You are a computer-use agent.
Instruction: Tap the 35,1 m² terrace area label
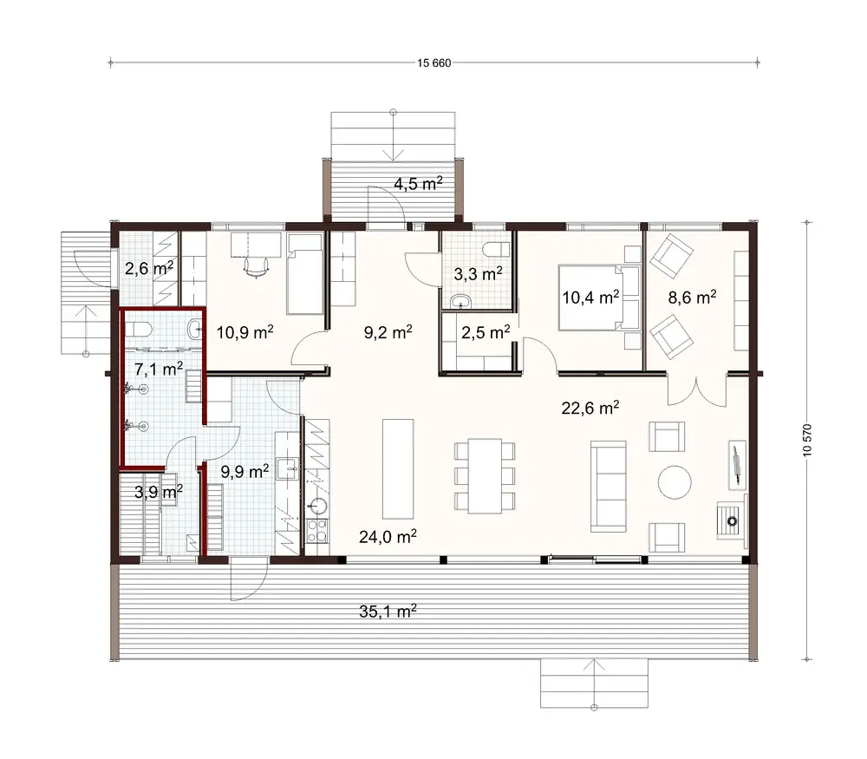click(x=388, y=611)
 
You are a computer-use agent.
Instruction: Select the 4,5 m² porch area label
click(x=418, y=183)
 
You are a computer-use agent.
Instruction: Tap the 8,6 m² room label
click(x=691, y=297)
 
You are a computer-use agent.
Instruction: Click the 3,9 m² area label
click(x=157, y=492)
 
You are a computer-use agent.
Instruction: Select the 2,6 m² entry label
click(x=147, y=268)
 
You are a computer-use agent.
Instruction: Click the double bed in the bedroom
click(x=597, y=298)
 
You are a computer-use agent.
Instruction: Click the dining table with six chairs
click(x=484, y=474)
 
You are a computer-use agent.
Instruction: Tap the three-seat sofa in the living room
click(x=608, y=486)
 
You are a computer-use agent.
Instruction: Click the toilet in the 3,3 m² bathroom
click(x=495, y=250)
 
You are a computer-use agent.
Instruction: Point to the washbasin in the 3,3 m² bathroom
click(x=460, y=301)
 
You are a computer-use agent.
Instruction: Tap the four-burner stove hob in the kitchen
click(x=316, y=531)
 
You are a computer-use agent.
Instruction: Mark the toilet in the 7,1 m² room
click(x=142, y=329)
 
